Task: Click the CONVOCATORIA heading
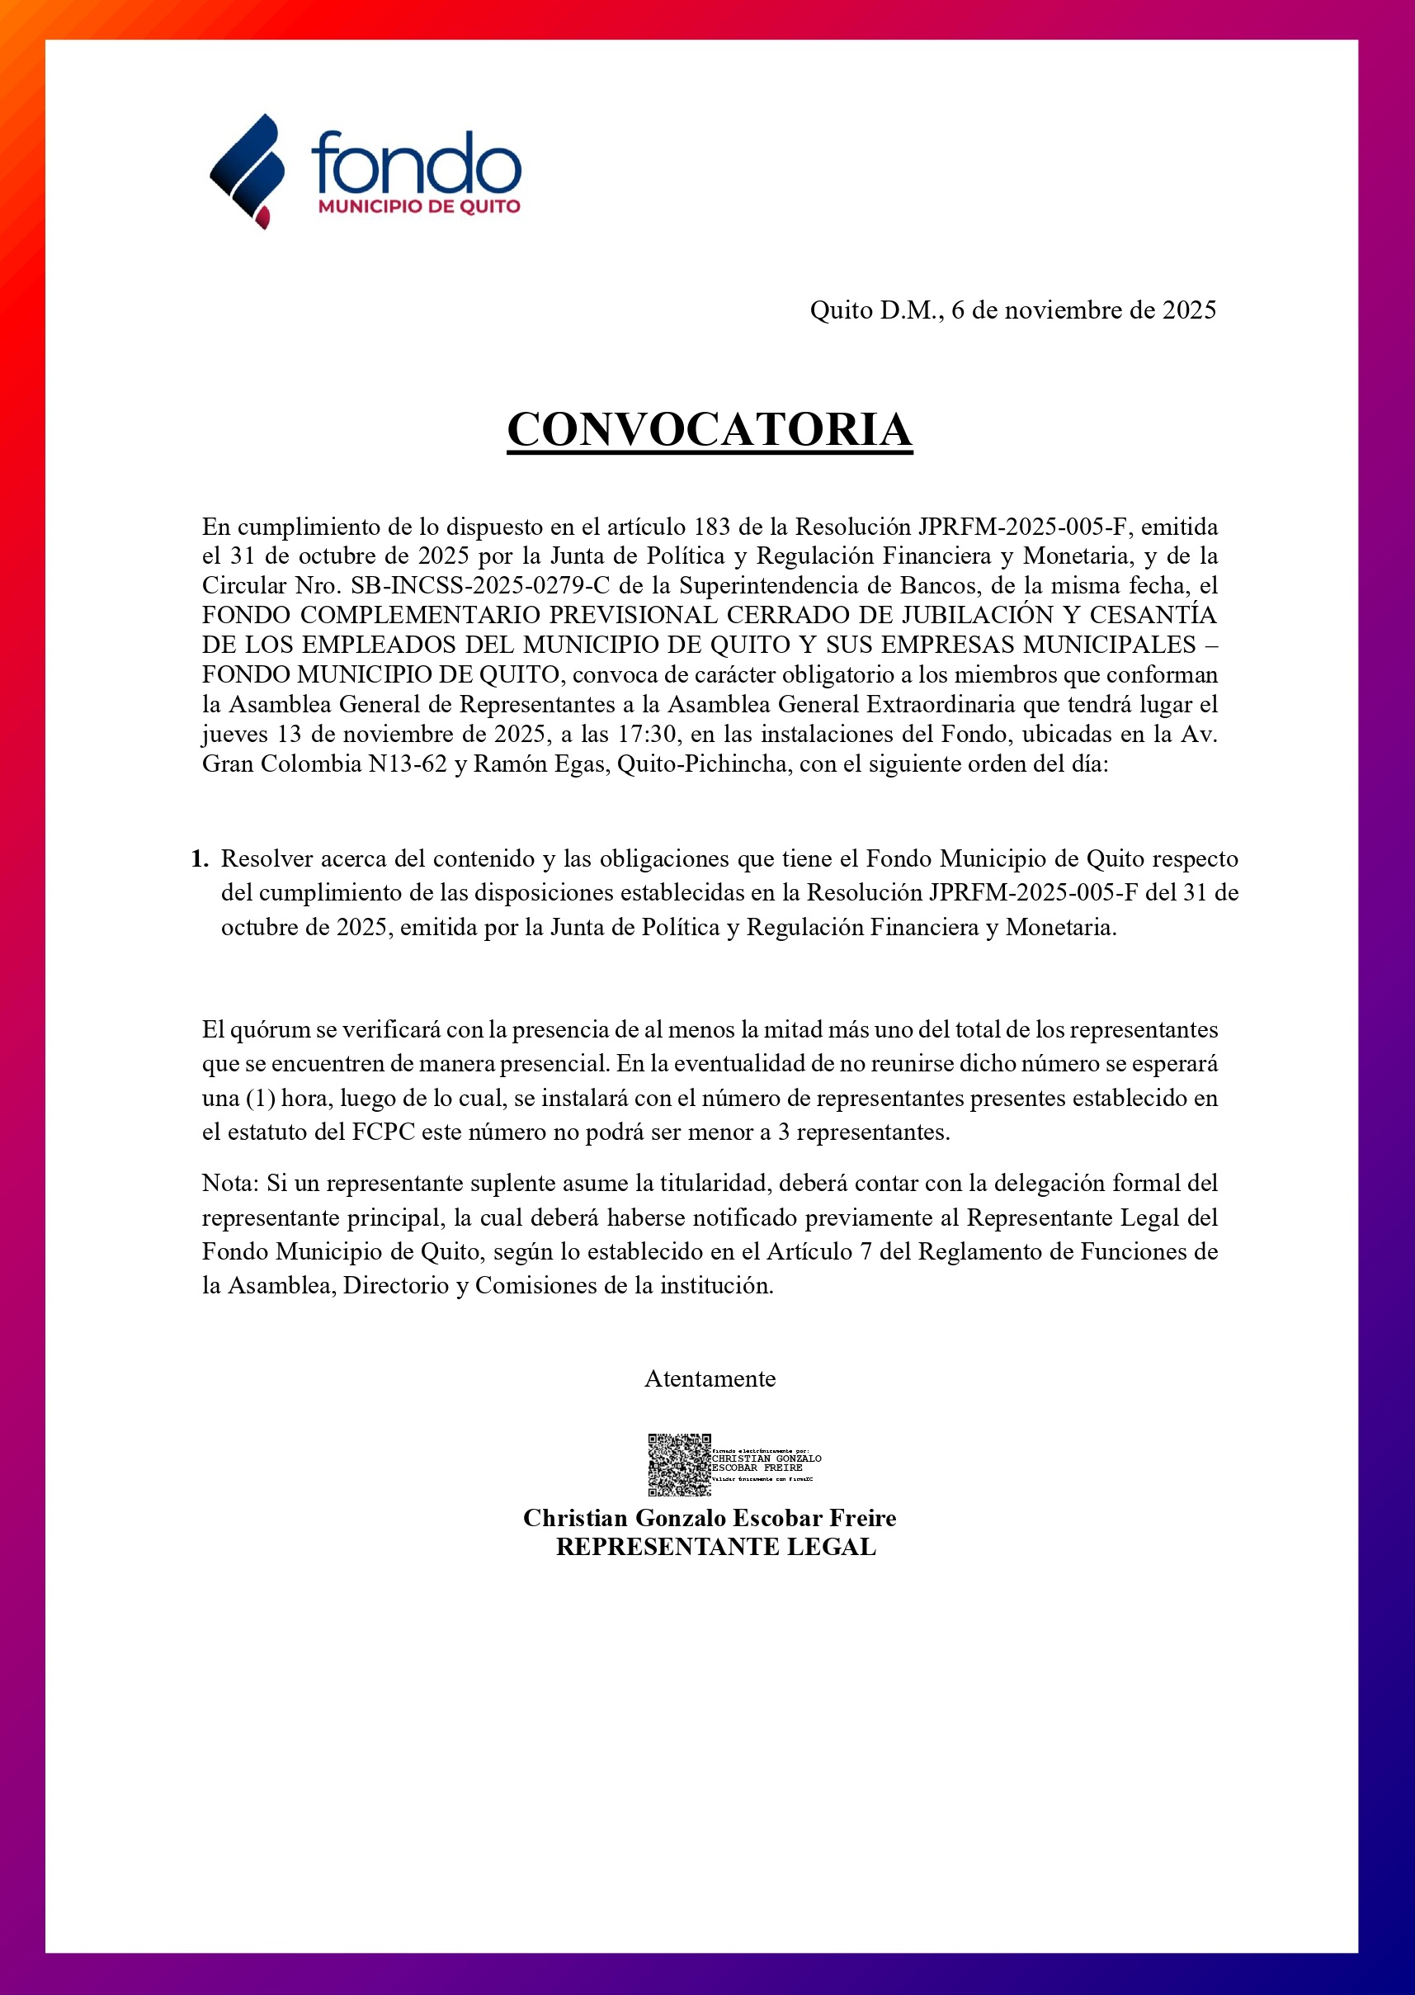(x=710, y=429)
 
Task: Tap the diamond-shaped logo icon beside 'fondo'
(x=248, y=171)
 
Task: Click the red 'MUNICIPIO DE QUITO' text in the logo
(x=419, y=206)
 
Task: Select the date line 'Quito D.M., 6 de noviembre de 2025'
(x=1012, y=310)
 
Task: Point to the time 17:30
(x=649, y=734)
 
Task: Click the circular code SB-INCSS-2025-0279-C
(x=480, y=586)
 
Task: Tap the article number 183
(x=712, y=527)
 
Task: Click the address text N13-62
(x=408, y=763)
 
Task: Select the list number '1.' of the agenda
(x=200, y=858)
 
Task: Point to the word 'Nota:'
(x=230, y=1183)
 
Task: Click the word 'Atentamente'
(x=710, y=1378)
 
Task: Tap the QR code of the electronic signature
(x=679, y=1464)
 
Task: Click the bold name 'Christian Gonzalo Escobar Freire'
(x=710, y=1517)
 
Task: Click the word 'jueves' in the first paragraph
(x=234, y=734)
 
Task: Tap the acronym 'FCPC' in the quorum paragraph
(x=383, y=1132)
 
